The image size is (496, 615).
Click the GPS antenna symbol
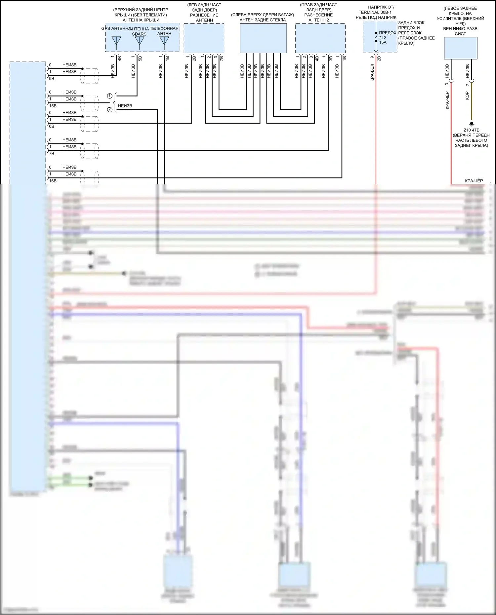[116, 41]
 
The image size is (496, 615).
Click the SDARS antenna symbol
[140, 41]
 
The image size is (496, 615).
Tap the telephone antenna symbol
[164, 41]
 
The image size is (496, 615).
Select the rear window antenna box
[263, 38]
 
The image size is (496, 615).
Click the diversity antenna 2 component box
[320, 38]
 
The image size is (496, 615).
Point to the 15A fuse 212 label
[383, 40]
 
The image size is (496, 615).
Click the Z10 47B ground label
[471, 130]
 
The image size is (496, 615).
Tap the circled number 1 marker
[110, 96]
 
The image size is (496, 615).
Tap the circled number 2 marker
[110, 109]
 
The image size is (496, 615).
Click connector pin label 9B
[52, 79]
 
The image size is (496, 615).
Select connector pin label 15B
[53, 106]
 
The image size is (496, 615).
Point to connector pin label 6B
[52, 126]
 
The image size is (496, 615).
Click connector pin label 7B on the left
[52, 154]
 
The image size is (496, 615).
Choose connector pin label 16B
[53, 181]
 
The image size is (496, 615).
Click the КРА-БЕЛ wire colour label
[372, 73]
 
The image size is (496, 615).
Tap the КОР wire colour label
[467, 96]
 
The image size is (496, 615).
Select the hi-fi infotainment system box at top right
[460, 48]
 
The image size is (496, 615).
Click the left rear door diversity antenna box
[204, 38]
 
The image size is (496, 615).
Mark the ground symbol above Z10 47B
[472, 124]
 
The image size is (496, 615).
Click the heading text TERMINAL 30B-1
[375, 12]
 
